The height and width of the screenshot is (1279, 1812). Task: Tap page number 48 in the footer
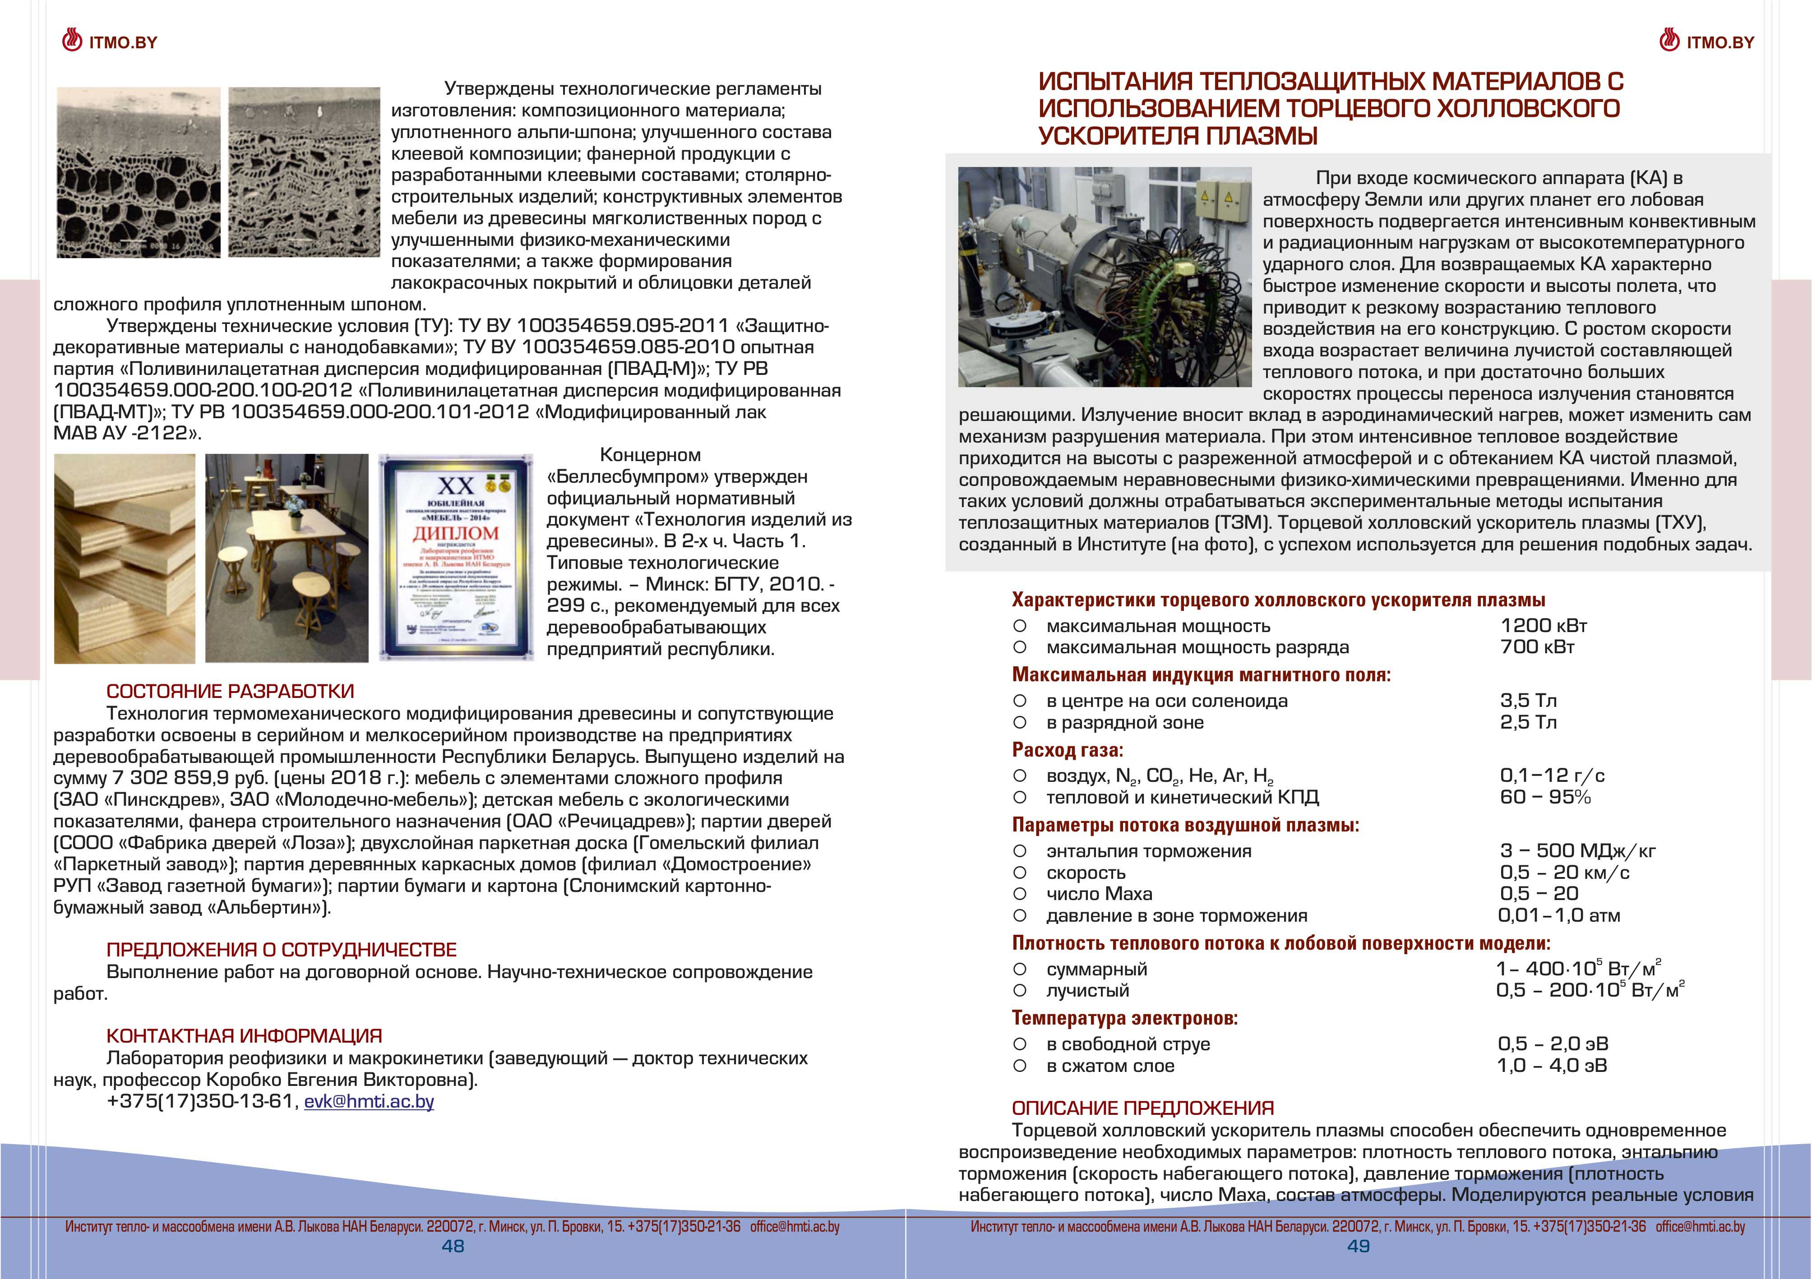tap(453, 1246)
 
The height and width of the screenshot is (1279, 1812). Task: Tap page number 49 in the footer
tap(1358, 1246)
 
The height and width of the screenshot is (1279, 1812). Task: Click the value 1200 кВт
tap(1543, 626)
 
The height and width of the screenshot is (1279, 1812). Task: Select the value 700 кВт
tap(1537, 647)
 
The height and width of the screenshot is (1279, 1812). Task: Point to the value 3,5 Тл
tap(1528, 701)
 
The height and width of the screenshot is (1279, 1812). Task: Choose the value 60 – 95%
tap(1544, 797)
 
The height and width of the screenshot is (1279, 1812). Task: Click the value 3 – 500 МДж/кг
tap(1577, 850)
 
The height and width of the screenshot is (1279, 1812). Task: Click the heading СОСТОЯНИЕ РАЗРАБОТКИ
tap(230, 691)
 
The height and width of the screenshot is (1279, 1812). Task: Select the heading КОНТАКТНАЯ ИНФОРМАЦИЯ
tap(244, 1036)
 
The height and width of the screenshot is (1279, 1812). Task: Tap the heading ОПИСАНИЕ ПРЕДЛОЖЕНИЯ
tap(1143, 1108)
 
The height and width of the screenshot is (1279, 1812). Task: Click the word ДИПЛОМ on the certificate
tap(455, 533)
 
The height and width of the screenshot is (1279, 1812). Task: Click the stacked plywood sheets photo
tap(125, 559)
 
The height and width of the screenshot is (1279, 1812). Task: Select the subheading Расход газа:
tap(1067, 749)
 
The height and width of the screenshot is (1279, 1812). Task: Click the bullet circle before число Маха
tap(1020, 894)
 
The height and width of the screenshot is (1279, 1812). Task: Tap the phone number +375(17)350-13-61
tap(200, 1101)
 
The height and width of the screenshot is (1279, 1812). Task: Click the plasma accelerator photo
tap(1104, 277)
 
